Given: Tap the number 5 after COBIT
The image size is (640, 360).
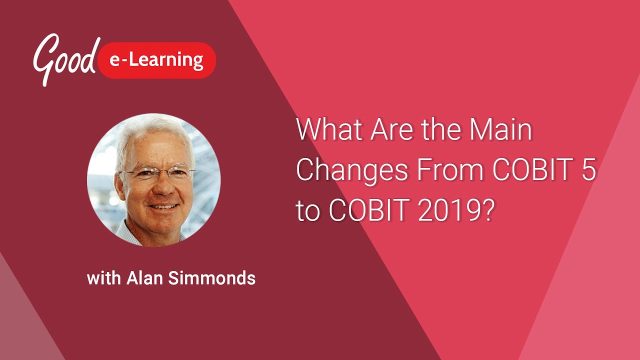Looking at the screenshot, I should (588, 171).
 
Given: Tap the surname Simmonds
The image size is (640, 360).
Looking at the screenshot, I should (212, 278).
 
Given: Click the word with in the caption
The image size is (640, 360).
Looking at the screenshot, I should (104, 278).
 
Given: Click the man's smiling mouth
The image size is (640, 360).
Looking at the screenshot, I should (162, 206).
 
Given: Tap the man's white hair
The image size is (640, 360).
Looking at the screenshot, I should (150, 132).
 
